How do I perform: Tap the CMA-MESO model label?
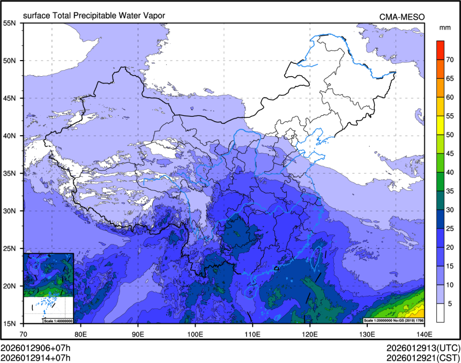(402, 17)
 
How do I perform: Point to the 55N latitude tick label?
(10, 23)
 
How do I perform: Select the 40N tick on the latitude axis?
(10, 136)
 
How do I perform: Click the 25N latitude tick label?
(10, 248)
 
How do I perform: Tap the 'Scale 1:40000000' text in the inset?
(57, 320)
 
